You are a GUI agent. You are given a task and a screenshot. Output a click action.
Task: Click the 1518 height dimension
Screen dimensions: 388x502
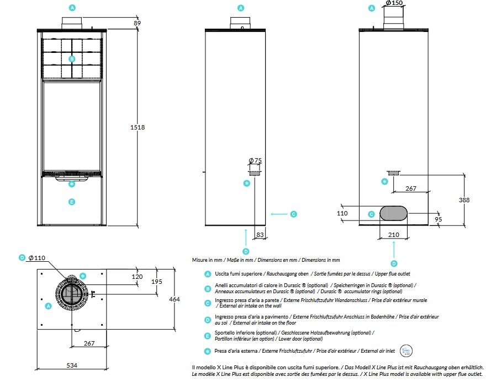point(137,127)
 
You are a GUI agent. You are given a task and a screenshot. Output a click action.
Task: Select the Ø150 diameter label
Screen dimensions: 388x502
point(393,3)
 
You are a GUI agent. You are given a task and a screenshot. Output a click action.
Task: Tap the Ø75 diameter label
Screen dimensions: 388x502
point(255,161)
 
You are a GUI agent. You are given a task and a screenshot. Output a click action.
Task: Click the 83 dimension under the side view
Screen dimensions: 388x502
point(260,235)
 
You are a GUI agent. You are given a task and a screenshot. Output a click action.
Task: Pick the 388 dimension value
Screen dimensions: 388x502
point(463,200)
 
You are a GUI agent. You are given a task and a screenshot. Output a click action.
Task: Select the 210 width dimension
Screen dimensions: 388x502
point(393,235)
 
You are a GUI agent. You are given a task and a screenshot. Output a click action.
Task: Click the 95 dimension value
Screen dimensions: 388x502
point(438,219)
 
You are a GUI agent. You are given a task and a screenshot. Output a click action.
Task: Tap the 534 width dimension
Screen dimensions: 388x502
point(72,365)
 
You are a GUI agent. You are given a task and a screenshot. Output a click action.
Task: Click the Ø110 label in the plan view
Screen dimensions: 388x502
point(36,258)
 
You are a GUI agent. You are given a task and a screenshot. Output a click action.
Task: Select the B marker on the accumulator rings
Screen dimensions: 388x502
point(71,58)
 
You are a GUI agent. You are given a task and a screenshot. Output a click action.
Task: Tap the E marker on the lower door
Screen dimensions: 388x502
point(71,202)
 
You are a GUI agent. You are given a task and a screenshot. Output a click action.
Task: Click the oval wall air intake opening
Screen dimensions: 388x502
point(393,213)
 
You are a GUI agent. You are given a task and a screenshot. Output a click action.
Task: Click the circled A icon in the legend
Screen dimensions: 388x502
point(208,274)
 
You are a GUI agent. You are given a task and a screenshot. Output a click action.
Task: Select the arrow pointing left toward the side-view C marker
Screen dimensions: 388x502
point(279,214)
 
